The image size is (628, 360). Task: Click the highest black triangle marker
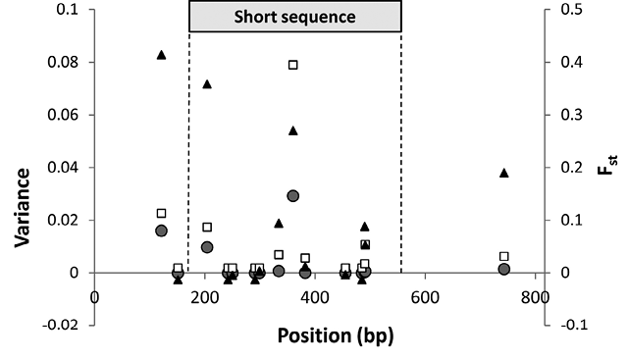click(x=161, y=55)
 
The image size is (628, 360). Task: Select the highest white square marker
click(x=293, y=65)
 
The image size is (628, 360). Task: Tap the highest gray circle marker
click(x=293, y=196)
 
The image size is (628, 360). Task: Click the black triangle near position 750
click(x=504, y=173)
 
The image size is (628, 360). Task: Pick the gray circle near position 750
click(x=504, y=269)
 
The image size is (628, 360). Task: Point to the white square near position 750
click(x=504, y=256)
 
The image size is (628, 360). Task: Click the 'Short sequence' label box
click(x=295, y=17)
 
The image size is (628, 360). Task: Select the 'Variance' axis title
click(x=23, y=207)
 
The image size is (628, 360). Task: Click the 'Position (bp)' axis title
click(x=336, y=335)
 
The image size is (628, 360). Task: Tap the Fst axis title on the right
click(x=606, y=165)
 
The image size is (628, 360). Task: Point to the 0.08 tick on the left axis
click(x=63, y=63)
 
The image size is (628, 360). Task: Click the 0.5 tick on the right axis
click(x=571, y=10)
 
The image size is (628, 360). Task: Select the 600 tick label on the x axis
click(x=425, y=298)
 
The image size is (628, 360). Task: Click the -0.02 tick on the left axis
click(x=61, y=325)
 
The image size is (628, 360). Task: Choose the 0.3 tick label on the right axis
click(x=571, y=115)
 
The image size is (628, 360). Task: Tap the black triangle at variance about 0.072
click(x=207, y=84)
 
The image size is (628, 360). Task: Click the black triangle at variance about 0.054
click(x=293, y=130)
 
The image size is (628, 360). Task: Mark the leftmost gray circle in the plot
click(x=161, y=231)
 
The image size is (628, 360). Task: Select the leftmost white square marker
click(x=161, y=213)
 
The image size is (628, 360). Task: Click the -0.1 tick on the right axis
click(x=573, y=325)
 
